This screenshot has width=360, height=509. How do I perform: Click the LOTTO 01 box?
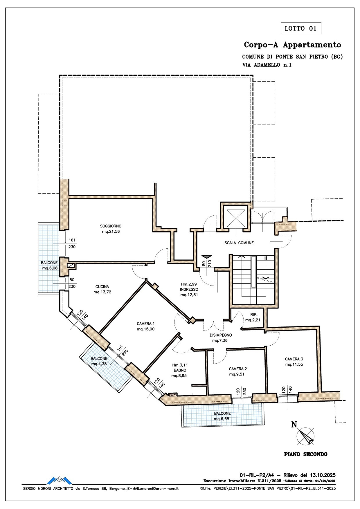pos(301,28)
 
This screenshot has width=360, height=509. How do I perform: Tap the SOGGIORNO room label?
pos(111,226)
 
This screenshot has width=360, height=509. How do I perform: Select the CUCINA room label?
pos(102,287)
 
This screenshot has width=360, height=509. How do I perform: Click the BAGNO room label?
pos(180,370)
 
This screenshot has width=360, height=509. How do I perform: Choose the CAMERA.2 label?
pos(238,369)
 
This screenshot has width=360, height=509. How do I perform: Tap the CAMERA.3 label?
pos(294,359)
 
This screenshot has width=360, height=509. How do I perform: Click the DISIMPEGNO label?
pos(221,335)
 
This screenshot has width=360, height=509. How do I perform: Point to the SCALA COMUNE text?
pos(239,243)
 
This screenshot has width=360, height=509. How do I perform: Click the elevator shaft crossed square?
pos(235,218)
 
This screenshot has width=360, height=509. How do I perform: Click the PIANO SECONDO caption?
pos(306,454)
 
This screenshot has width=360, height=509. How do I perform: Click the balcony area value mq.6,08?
pos(50,268)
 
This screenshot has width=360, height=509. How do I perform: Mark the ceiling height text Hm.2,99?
pos(189,284)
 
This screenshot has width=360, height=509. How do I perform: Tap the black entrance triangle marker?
pos(206,257)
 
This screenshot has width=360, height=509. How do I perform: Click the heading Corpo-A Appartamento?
pos(292,45)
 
